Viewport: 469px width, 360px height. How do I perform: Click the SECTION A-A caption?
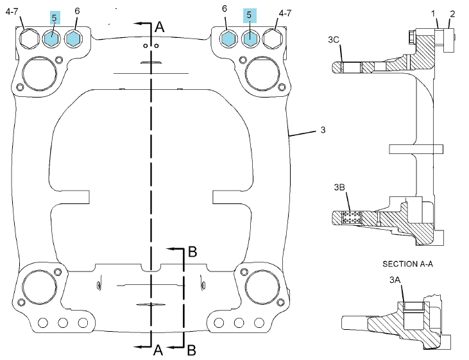pyautogui.click(x=407, y=264)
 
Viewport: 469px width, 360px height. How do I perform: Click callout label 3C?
pyautogui.click(x=334, y=40)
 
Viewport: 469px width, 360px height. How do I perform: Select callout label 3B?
pyautogui.click(x=339, y=187)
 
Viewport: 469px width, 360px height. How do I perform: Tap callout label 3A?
pyautogui.click(x=395, y=280)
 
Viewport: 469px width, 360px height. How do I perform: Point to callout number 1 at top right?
pyautogui.click(x=433, y=13)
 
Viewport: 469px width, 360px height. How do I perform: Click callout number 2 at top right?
pyautogui.click(x=452, y=13)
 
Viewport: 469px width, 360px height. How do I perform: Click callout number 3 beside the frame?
pyautogui.click(x=323, y=130)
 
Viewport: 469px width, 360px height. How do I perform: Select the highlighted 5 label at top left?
pyautogui.click(x=55, y=18)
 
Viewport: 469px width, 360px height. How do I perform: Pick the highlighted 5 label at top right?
pyautogui.click(x=250, y=15)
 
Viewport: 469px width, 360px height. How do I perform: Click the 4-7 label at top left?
pyautogui.click(x=12, y=12)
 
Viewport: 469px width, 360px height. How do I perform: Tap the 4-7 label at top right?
pyautogui.click(x=285, y=13)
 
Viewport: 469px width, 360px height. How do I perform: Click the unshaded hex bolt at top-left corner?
pyautogui.click(x=30, y=39)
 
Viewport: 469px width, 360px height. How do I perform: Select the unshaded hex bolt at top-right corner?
pyautogui.click(x=273, y=39)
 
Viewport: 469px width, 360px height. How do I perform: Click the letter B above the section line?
pyautogui.click(x=192, y=252)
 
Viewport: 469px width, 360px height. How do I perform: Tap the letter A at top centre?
pyautogui.click(x=159, y=27)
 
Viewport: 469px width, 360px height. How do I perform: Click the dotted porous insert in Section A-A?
pyautogui.click(x=351, y=218)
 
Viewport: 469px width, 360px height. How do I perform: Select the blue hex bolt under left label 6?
pyautogui.click(x=73, y=39)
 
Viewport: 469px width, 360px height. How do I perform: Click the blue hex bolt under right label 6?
pyautogui.click(x=228, y=39)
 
